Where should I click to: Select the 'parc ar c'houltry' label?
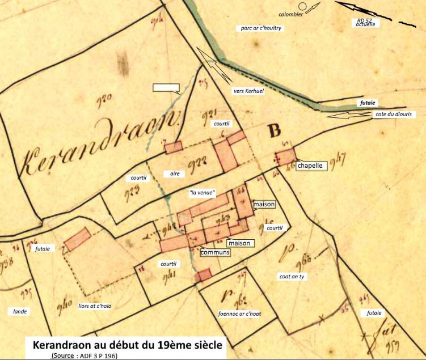pos(261,28)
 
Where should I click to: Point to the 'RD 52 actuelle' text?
pos(365,22)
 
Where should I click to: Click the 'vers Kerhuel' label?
pos(247,90)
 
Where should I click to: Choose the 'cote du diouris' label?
pos(395,115)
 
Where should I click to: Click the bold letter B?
pos(275,132)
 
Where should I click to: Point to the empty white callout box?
pos(166,88)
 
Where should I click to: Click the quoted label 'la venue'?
pos(201,193)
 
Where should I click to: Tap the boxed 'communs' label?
pos(215,252)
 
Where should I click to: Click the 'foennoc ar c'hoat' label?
pos(239,313)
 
